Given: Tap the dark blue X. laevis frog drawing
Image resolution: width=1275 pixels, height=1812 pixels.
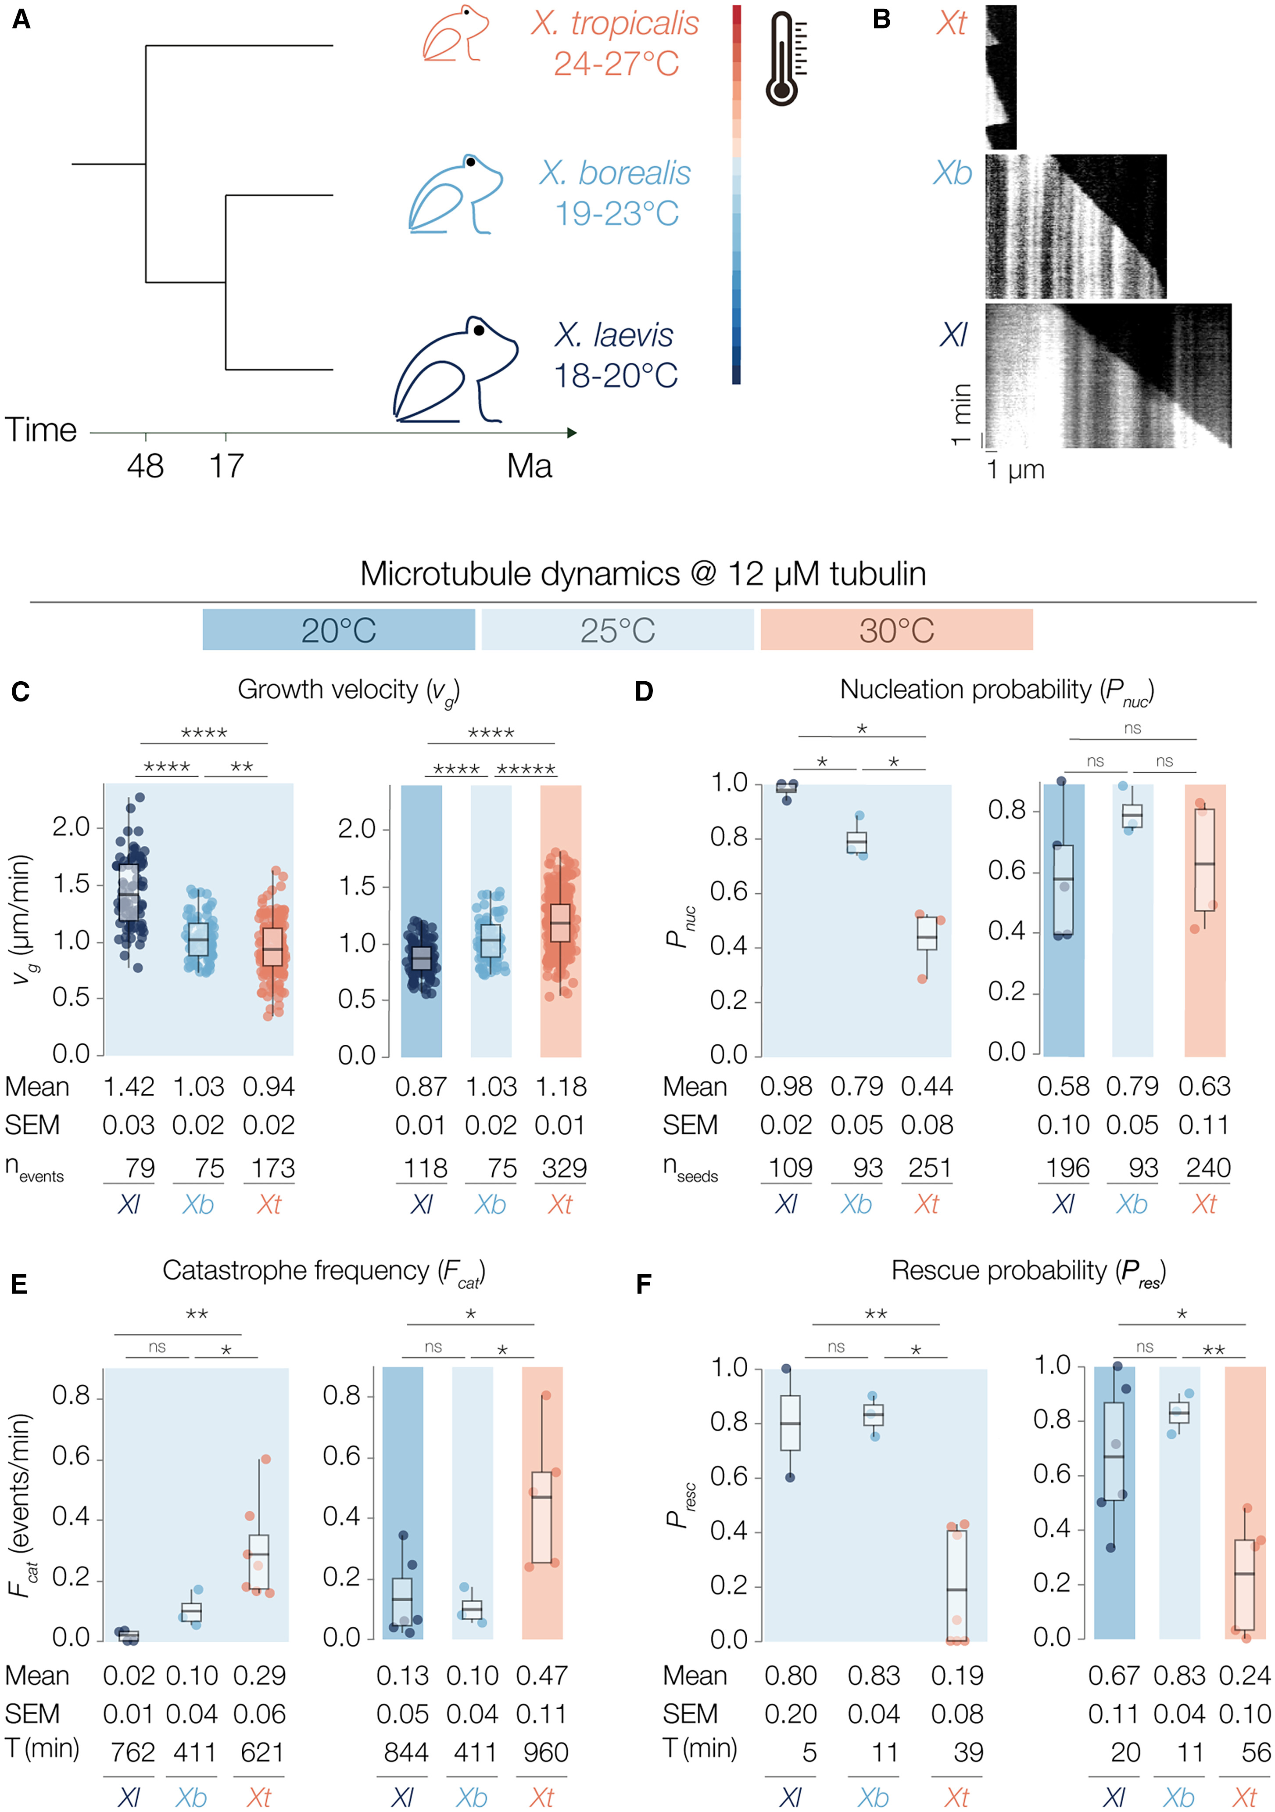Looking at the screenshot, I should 455,369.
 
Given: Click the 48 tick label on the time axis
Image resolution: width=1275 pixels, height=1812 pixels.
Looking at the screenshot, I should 145,467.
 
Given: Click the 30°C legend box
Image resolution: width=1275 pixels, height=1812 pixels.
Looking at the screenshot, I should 896,630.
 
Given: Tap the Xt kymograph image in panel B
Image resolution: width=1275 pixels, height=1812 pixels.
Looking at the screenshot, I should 1000,76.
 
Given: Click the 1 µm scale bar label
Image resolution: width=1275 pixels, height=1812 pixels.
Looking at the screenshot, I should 1015,470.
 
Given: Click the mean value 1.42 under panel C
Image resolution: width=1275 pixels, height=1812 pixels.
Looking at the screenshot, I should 129,1087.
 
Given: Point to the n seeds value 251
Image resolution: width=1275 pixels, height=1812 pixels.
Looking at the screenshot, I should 929,1168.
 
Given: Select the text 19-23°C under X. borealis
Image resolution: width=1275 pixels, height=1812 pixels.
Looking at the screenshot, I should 616,213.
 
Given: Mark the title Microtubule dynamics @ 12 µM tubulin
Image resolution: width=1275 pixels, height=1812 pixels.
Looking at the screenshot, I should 643,574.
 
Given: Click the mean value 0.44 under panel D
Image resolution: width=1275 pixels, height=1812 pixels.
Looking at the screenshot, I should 927,1087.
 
